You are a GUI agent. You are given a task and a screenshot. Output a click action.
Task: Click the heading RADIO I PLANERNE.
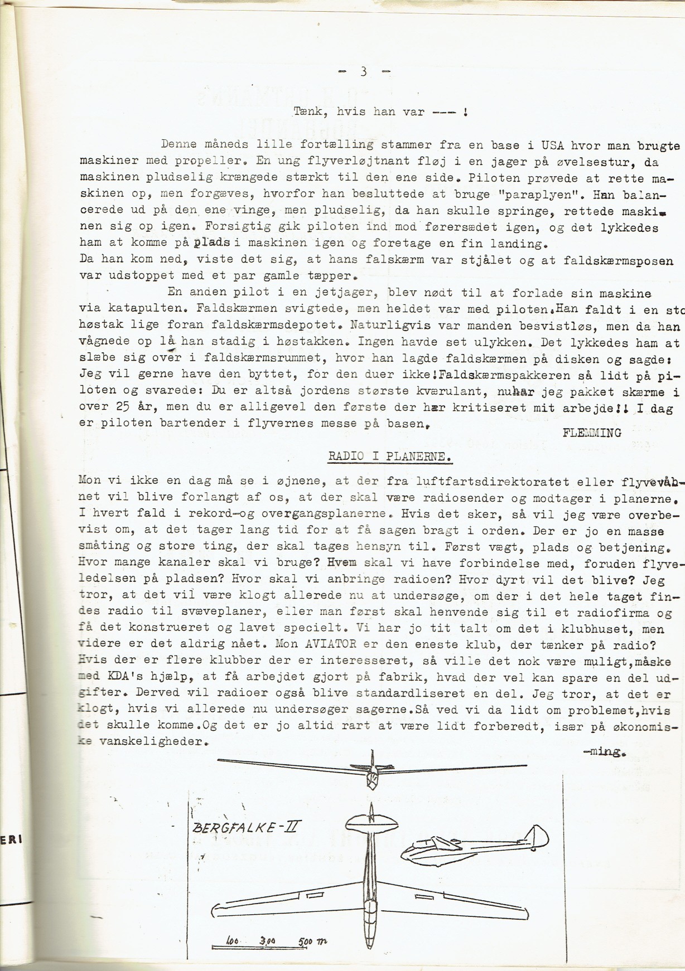[x=389, y=457]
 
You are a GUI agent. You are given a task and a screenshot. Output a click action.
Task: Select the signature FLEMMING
[x=592, y=433]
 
